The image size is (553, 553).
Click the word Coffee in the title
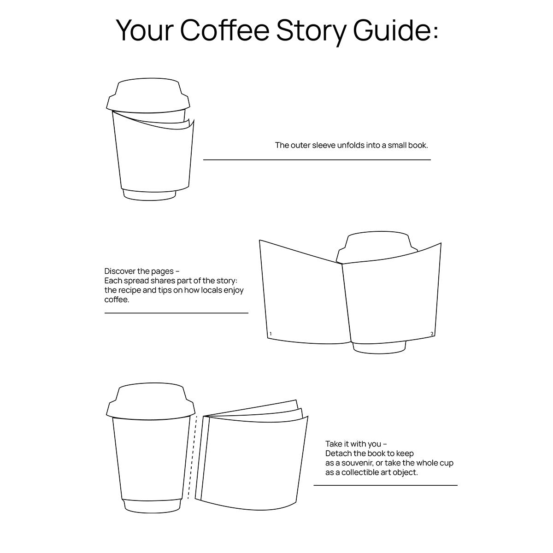pyautogui.click(x=225, y=30)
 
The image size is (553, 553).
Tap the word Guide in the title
pyautogui.click(x=392, y=30)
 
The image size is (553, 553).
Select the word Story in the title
pyautogui.click(x=311, y=32)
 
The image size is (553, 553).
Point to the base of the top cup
pyautogui.click(x=149, y=194)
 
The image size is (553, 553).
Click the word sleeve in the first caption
pyautogui.click(x=324, y=145)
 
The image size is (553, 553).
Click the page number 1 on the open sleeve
pyautogui.click(x=271, y=334)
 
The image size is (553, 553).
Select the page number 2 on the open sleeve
pyautogui.click(x=432, y=334)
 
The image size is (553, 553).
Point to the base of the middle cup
pyautogui.click(x=379, y=347)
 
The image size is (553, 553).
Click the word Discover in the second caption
pyautogui.click(x=120, y=271)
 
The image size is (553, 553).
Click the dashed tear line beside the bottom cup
pyautogui.click(x=192, y=457)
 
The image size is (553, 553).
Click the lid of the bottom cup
pyautogui.click(x=151, y=401)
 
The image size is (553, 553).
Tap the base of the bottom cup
pyautogui.click(x=153, y=506)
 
